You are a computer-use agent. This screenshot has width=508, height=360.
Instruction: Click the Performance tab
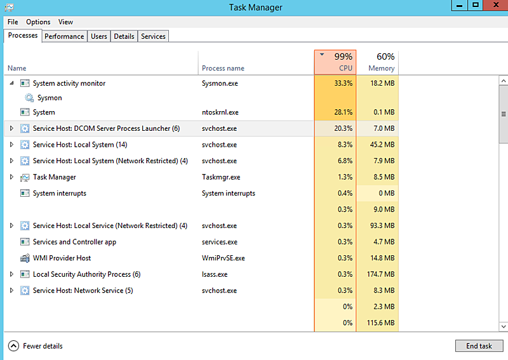pos(64,36)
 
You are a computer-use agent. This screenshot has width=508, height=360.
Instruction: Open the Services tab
pos(153,36)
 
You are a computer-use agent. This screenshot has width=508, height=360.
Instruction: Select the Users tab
pos(99,36)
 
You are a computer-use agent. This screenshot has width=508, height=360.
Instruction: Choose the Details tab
pos(124,36)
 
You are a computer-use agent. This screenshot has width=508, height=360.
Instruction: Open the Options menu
pos(38,22)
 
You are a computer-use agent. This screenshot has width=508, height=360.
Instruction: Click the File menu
pos(13,22)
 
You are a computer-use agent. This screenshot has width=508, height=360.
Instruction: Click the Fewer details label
pos(43,346)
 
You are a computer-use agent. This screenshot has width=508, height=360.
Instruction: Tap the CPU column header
pos(335,62)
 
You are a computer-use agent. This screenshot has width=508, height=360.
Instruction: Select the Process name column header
pos(223,68)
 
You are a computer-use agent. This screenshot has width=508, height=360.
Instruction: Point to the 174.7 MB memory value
pos(380,274)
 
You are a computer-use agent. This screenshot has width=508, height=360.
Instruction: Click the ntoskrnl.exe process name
pos(220,112)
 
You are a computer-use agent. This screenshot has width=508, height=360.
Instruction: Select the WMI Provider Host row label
pos(62,258)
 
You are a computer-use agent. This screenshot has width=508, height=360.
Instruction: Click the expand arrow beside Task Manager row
pos(11,177)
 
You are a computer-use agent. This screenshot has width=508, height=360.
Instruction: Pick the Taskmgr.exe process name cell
pos(221,177)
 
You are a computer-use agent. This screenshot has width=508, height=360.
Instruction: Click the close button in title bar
pos(493,5)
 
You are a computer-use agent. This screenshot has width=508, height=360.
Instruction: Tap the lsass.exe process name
pos(215,274)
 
